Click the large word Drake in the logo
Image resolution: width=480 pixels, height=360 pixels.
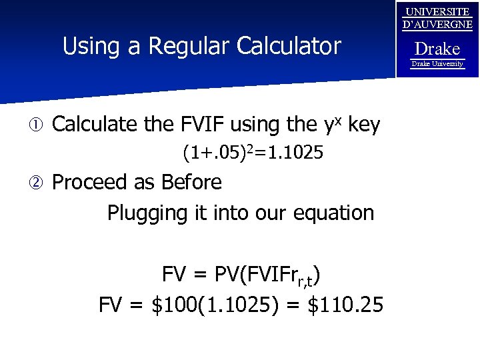pos(437,49)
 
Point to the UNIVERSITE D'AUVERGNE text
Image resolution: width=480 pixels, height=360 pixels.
pos(437,19)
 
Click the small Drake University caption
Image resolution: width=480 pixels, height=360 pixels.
pos(437,63)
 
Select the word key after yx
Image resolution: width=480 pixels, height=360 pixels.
pos(364,124)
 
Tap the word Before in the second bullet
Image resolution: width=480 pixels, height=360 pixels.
pos(192,181)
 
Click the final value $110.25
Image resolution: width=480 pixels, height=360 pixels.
pos(345,305)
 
